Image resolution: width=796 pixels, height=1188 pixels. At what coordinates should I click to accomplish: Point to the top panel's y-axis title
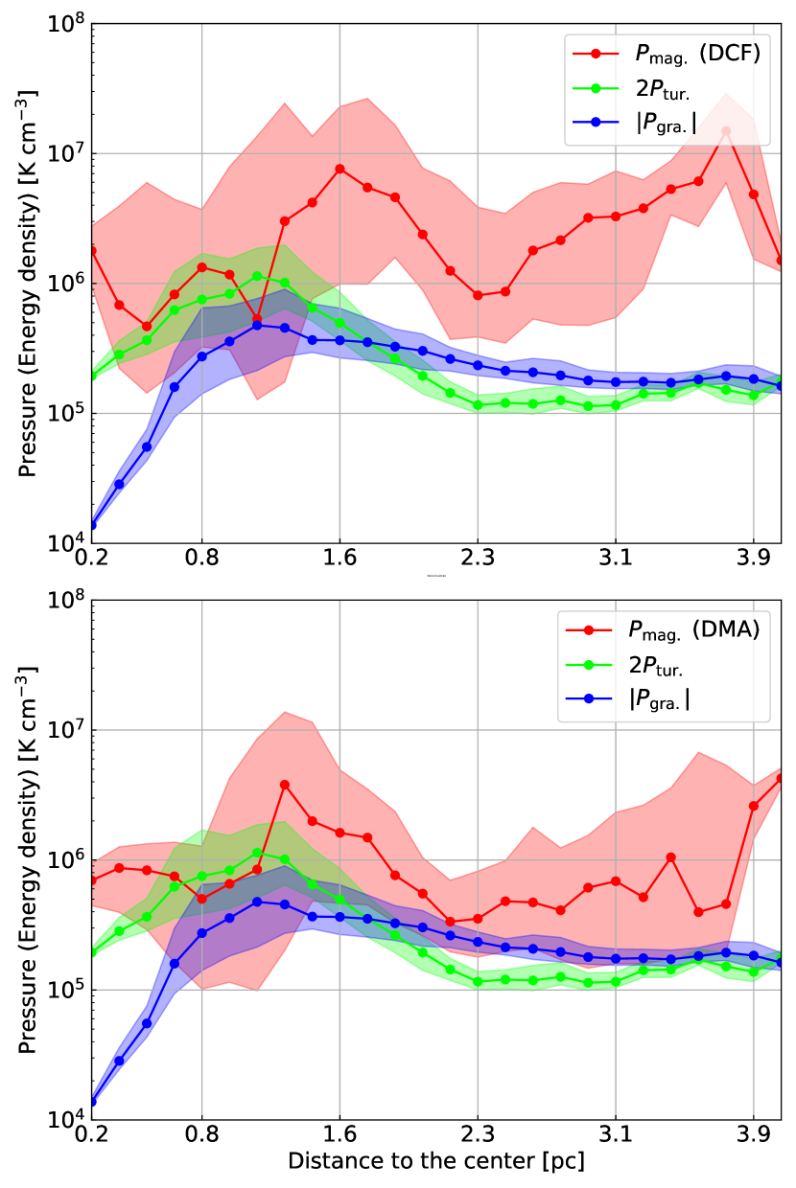[29, 283]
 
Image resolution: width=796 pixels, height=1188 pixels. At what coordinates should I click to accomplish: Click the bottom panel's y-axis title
[29, 858]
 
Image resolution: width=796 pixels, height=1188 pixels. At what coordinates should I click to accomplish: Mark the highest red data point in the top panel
[726, 131]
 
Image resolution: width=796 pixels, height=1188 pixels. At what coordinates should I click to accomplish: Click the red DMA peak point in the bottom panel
[285, 785]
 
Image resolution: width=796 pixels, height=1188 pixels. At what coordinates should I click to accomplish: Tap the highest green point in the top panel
[257, 277]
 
